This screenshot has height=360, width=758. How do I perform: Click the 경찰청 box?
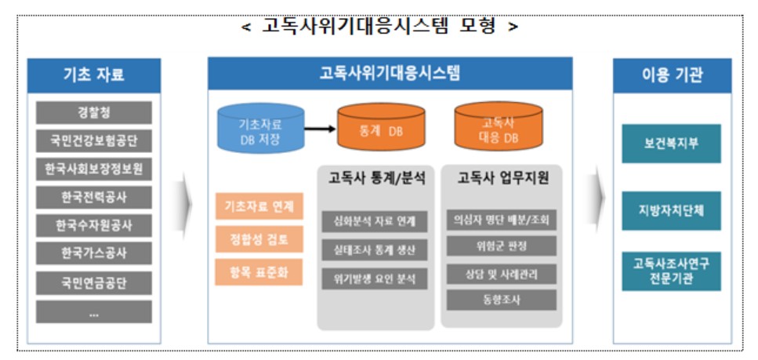click(x=94, y=113)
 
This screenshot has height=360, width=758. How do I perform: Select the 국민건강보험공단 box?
click(x=94, y=141)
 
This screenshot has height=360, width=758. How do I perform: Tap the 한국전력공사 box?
click(x=94, y=198)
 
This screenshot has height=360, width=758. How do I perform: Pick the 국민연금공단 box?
click(x=94, y=282)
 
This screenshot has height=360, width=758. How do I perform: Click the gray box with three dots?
click(x=94, y=312)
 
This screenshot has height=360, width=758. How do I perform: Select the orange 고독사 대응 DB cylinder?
click(x=491, y=128)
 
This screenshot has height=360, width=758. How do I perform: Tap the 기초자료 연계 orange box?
click(x=258, y=208)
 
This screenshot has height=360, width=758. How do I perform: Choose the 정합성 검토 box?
click(x=258, y=239)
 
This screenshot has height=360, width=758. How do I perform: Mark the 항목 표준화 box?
click(x=258, y=271)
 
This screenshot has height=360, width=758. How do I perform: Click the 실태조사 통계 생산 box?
click(x=375, y=250)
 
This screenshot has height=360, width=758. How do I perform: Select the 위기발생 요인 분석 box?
click(x=375, y=278)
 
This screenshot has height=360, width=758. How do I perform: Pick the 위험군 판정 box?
click(x=501, y=246)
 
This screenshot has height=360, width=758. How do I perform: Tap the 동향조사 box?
click(x=501, y=300)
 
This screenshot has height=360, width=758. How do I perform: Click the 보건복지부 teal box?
click(x=671, y=144)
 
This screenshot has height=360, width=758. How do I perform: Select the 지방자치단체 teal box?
click(x=671, y=211)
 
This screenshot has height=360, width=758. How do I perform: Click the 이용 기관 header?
click(x=671, y=75)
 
